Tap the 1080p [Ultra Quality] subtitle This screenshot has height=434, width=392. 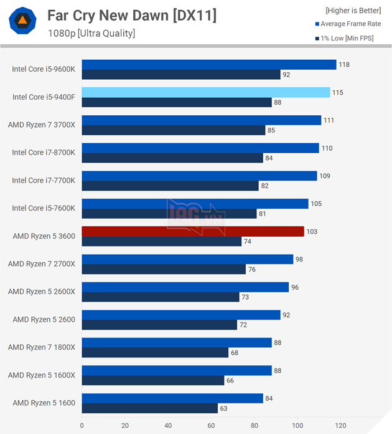[91, 34]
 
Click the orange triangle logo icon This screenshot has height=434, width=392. [22, 22]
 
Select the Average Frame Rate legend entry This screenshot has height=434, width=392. [350, 24]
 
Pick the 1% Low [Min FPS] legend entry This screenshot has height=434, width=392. [348, 39]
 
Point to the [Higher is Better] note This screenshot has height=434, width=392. [353, 11]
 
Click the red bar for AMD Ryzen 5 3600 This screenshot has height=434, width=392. [193, 231]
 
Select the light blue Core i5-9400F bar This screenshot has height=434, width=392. [205, 92]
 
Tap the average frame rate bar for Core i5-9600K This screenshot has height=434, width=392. [208, 65]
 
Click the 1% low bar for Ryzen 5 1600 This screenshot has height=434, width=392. [149, 408]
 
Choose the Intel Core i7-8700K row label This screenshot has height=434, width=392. [44, 153]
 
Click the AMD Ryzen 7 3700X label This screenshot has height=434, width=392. [42, 125]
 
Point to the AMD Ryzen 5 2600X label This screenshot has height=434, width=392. [42, 291]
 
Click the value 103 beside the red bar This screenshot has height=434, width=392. [312, 231]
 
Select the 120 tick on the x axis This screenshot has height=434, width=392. [340, 426]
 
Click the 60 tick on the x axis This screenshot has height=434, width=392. [211, 426]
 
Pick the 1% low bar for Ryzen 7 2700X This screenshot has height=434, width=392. [164, 269]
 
